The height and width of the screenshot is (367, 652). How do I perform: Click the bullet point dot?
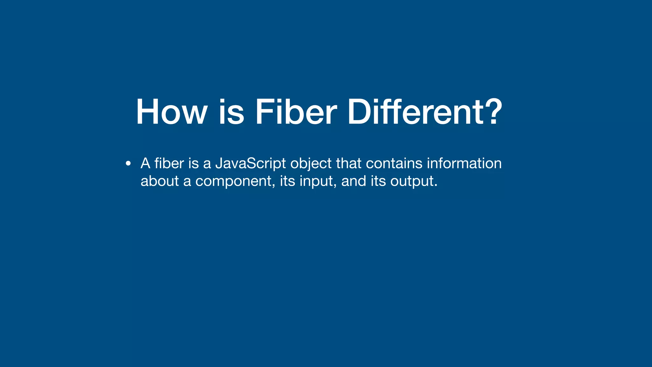tap(128, 164)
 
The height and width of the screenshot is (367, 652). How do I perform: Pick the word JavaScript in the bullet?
tap(251, 164)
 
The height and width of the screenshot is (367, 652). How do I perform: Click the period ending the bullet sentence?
tap(436, 186)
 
